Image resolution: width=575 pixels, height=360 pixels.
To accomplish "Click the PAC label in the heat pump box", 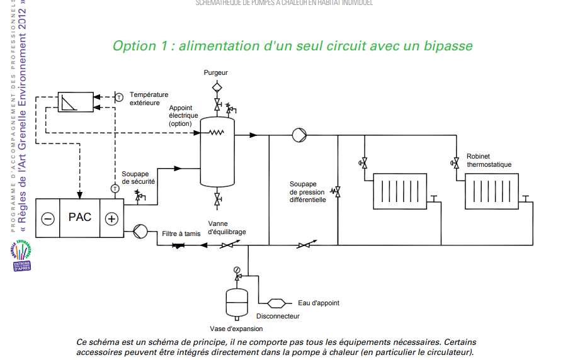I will click(x=80, y=217).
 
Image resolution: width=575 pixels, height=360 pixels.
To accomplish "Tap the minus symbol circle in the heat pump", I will click(x=48, y=218).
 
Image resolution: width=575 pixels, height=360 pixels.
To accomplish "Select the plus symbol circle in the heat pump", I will click(x=111, y=218).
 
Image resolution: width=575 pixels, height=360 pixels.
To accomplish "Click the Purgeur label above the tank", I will click(x=216, y=73).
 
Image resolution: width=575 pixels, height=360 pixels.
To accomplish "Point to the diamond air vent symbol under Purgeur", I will click(x=217, y=86).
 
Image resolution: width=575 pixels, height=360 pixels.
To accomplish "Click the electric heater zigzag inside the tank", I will click(x=217, y=132).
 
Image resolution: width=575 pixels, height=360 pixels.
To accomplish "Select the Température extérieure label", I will click(x=144, y=98).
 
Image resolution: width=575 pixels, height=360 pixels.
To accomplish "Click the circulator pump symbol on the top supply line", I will click(x=298, y=135).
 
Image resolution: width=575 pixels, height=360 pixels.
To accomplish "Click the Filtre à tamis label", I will click(x=181, y=233).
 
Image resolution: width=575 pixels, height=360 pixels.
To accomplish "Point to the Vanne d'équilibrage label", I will click(x=227, y=228).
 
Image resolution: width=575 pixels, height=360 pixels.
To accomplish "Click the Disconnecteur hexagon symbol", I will click(x=277, y=303).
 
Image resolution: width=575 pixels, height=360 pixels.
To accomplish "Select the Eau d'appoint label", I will click(x=318, y=303).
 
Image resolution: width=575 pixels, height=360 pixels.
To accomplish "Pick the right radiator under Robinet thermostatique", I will click(x=492, y=191).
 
